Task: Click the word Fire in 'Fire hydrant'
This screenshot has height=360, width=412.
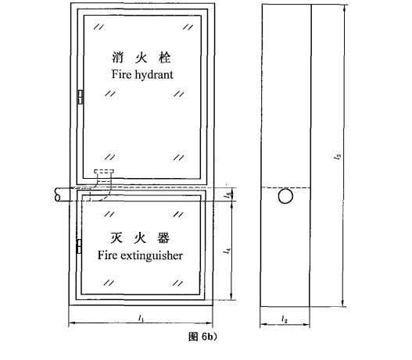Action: [122, 74]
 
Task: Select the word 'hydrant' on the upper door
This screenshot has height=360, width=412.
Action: [154, 75]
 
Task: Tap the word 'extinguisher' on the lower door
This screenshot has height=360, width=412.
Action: [152, 256]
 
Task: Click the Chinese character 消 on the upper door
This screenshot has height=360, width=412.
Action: [118, 58]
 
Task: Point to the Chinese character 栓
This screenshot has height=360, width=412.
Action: [165, 58]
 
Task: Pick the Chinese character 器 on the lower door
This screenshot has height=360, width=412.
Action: [163, 238]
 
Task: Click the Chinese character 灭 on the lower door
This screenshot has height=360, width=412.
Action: [116, 238]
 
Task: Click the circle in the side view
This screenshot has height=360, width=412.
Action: [285, 196]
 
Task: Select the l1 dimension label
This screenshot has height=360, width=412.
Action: [142, 318]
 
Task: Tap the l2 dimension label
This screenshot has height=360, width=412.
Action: [285, 319]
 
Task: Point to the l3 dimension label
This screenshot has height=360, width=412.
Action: [338, 157]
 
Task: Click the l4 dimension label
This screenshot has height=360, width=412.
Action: [227, 251]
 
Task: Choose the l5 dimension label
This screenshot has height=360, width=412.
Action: [228, 195]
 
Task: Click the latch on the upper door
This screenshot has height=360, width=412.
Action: [81, 97]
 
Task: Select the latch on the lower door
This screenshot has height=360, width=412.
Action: [79, 247]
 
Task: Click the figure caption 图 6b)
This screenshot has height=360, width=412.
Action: [202, 337]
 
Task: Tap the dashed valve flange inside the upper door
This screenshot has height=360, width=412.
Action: [104, 172]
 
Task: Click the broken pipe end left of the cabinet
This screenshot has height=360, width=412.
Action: [57, 194]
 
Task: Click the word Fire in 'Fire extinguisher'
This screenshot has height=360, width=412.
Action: [107, 255]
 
